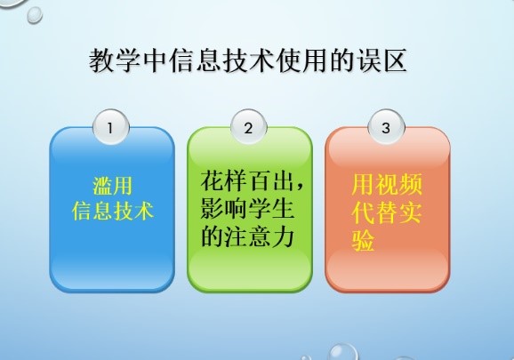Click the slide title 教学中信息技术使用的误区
248,60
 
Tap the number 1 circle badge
111,127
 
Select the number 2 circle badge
248,127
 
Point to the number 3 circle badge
386,127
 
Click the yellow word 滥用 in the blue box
112,186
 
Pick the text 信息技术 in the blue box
112,211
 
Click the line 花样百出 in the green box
247,180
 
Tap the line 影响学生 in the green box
247,209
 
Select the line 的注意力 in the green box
247,236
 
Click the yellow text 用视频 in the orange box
387,184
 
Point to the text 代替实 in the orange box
387,212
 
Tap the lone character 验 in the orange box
363,241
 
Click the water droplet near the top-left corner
35,15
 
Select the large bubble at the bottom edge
343,353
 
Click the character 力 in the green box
282,236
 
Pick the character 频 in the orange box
411,184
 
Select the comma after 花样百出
300,187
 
